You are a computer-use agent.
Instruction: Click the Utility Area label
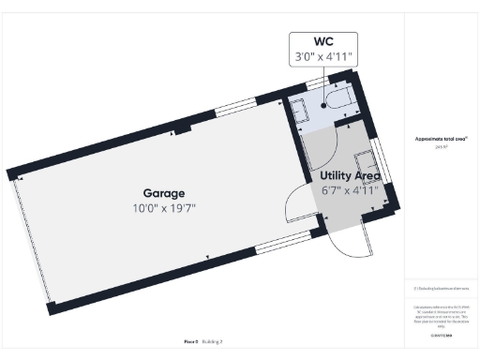350,175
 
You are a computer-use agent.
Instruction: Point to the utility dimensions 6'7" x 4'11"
350,190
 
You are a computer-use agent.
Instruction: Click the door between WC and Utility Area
344,119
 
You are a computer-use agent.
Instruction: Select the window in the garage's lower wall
278,243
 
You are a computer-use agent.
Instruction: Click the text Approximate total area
441,139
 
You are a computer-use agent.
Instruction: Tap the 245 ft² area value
441,146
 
